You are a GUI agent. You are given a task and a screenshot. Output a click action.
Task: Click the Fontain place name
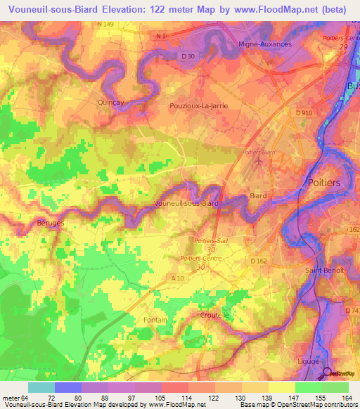tap(155, 320)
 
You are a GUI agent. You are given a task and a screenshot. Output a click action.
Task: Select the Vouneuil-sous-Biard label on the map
tap(186, 203)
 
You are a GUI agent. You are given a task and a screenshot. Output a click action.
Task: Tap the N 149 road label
tap(105, 24)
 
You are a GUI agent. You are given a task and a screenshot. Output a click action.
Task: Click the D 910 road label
tap(304, 113)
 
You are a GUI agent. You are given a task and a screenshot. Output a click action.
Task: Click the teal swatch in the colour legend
tap(41, 387)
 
